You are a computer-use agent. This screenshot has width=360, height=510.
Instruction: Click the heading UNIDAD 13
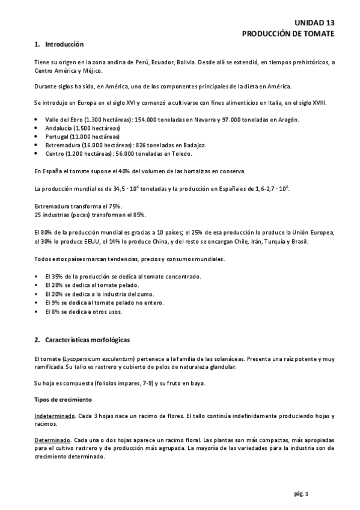(315, 22)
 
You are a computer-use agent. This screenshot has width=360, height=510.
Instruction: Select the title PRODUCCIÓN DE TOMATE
(288, 33)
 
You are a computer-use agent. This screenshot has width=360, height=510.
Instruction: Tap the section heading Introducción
(64, 45)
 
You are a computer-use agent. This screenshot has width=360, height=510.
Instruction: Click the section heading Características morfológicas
(87, 340)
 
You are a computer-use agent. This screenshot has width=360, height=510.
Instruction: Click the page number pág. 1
(301, 494)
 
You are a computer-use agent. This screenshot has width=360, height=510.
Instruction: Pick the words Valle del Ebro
(63, 120)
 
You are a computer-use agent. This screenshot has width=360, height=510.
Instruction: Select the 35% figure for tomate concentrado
(55, 276)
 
